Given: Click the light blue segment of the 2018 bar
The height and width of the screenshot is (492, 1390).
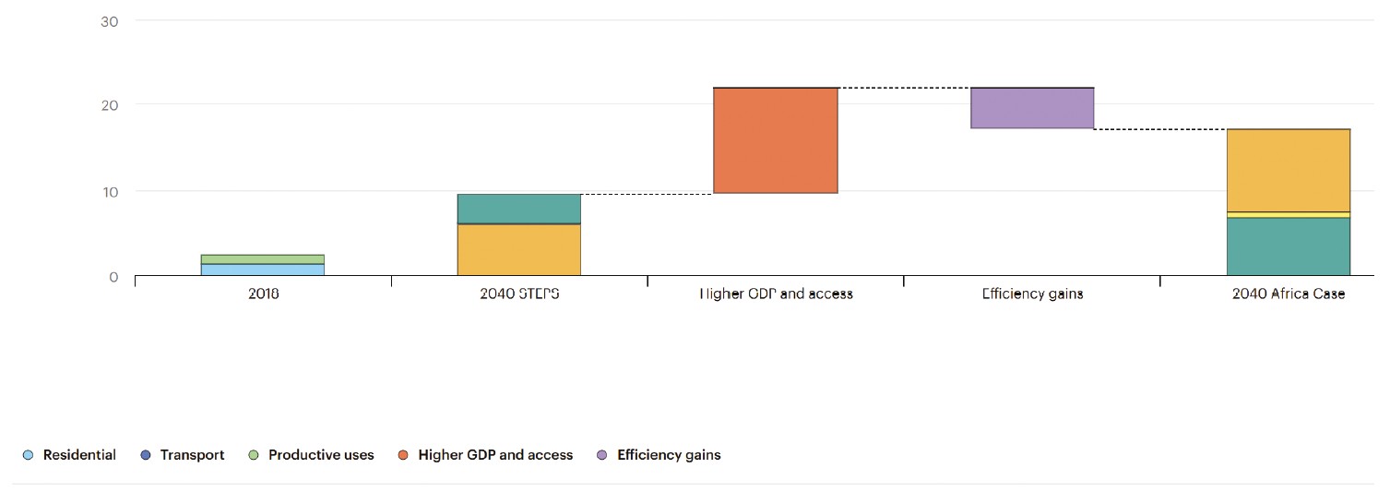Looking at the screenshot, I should (x=262, y=270).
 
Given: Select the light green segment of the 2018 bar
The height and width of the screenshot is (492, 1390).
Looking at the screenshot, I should (x=262, y=259).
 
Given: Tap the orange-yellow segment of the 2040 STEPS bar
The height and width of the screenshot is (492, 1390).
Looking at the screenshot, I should (x=518, y=249).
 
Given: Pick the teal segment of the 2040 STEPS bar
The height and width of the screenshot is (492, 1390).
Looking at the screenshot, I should (x=518, y=209).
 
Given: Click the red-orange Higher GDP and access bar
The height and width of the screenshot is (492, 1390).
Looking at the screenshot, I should (x=775, y=140).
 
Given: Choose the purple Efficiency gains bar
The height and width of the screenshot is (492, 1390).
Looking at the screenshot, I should (x=1032, y=108).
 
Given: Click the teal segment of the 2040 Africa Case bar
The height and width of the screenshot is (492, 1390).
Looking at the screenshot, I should (x=1288, y=246).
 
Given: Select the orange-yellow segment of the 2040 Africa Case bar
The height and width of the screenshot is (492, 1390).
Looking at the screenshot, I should (x=1288, y=170).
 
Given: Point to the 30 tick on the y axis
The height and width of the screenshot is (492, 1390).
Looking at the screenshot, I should (x=109, y=21).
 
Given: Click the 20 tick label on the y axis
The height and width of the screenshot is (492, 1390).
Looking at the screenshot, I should (x=109, y=105).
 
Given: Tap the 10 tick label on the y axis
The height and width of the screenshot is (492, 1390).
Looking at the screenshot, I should (x=109, y=192).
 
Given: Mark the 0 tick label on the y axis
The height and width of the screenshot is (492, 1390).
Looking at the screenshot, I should (x=113, y=277).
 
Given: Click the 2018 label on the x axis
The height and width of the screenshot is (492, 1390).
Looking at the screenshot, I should (x=263, y=294).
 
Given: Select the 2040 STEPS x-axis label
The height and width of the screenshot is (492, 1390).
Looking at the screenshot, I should (x=519, y=294).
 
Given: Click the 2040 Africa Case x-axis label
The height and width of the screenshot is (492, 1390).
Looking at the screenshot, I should (x=1289, y=294).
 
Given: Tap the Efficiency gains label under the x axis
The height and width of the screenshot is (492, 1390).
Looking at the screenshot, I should (x=1032, y=294).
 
